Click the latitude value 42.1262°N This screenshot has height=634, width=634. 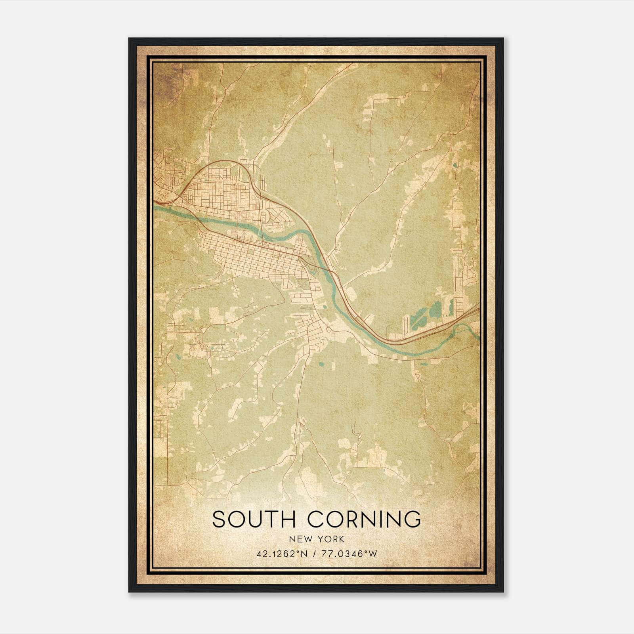tap(281, 554)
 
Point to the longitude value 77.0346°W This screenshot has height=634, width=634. tap(348, 554)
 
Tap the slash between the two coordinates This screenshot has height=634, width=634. tap(315, 554)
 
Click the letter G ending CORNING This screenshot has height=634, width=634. tap(412, 519)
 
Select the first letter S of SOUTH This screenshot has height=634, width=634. tap(219, 519)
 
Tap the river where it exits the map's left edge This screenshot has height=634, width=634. tap(155, 207)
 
